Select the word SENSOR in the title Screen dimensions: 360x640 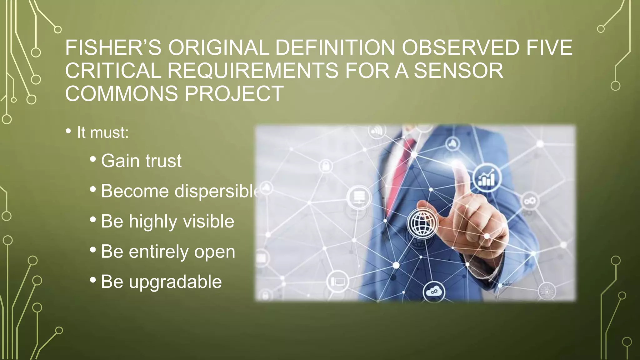click(x=458, y=71)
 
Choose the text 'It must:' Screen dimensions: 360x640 click(x=102, y=132)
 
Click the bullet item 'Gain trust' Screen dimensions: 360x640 click(x=141, y=161)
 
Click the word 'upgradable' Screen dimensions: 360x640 click(x=175, y=282)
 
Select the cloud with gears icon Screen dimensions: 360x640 click(x=434, y=292)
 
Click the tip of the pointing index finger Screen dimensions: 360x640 click(x=457, y=164)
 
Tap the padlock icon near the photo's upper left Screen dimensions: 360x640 click(x=326, y=165)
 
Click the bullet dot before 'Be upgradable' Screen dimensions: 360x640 click(x=93, y=280)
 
